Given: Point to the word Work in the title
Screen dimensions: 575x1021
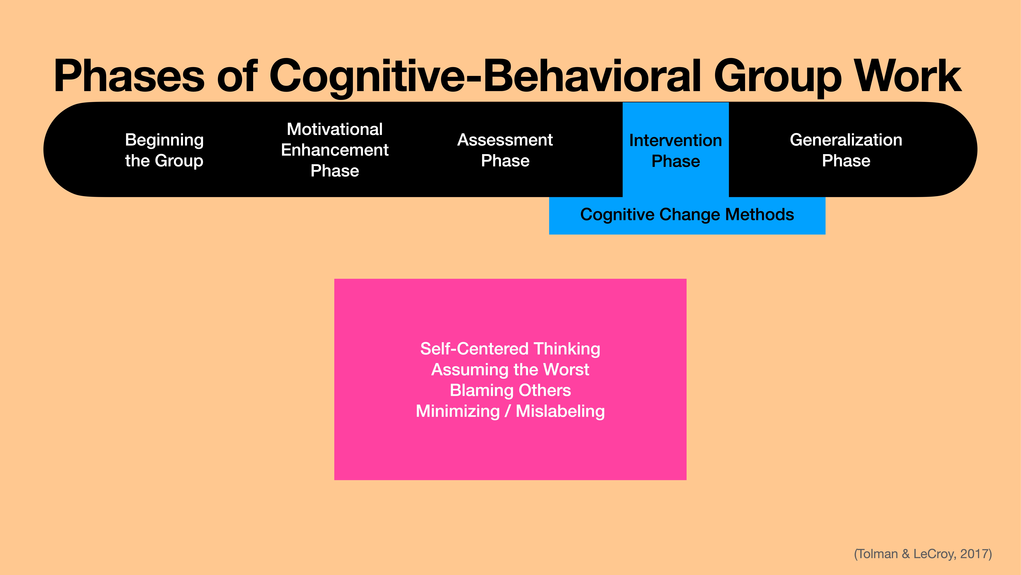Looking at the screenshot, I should [x=908, y=76].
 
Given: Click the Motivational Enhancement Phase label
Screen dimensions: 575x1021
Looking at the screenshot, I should [x=334, y=150].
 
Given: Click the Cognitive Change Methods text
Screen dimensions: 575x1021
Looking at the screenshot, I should [x=687, y=215].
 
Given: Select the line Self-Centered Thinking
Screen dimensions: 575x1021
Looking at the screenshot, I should [x=510, y=349].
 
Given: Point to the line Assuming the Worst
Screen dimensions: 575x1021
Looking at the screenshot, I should [x=510, y=369].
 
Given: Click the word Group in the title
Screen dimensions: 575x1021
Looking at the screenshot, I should [x=778, y=76].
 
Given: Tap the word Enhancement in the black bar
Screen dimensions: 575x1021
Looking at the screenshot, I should [x=334, y=150].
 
